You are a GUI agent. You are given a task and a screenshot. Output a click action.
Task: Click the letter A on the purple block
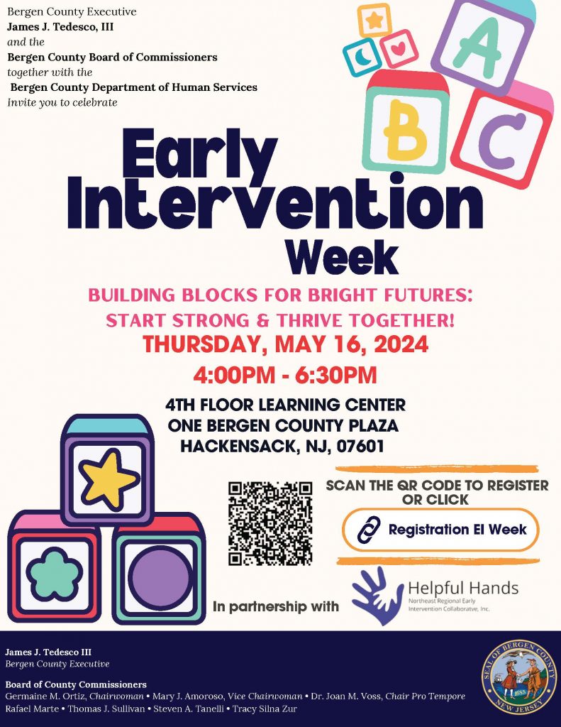(478, 46)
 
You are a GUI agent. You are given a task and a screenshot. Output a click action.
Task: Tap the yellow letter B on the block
(405, 126)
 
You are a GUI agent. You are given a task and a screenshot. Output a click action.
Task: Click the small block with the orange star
(374, 20)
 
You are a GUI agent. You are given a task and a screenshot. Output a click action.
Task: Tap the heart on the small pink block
(398, 48)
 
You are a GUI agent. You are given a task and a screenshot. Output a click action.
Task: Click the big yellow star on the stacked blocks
(108, 479)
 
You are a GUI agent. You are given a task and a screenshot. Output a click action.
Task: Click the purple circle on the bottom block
(160, 578)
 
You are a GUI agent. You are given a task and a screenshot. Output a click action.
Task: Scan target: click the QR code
(270, 523)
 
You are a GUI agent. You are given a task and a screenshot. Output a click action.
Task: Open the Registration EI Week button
(440, 530)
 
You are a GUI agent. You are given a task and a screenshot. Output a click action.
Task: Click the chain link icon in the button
(369, 530)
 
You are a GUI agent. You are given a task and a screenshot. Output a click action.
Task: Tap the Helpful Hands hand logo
(377, 596)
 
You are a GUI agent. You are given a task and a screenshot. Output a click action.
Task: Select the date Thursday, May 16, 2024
(285, 344)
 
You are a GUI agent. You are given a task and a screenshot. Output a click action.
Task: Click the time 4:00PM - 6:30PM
(285, 375)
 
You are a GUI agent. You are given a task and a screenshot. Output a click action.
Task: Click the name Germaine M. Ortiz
(45, 696)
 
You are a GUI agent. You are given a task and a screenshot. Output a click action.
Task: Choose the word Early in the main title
(199, 155)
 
